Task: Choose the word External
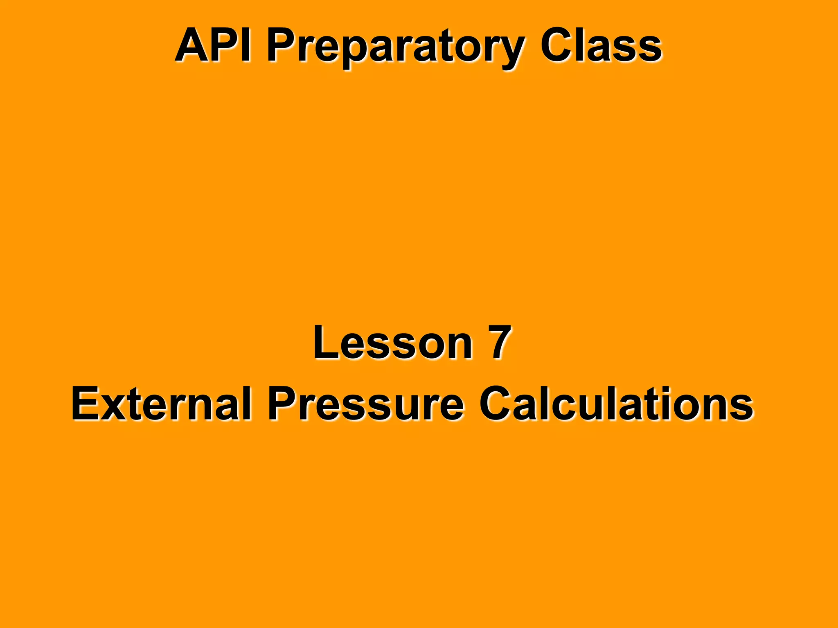[x=161, y=404]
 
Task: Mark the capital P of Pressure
[x=282, y=404]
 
